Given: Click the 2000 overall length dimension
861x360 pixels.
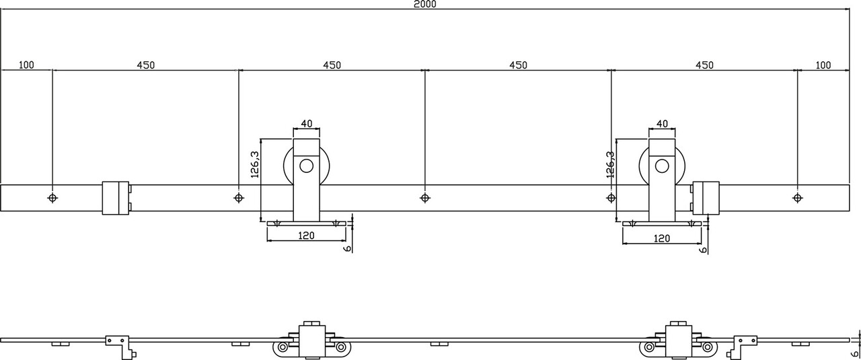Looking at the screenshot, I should [426, 4].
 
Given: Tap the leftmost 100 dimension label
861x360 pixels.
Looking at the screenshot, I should [27, 65].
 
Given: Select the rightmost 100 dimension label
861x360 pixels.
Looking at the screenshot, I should [823, 65].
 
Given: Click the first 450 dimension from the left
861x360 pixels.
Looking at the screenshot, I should [146, 65].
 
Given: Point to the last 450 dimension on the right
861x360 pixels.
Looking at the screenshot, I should [704, 65].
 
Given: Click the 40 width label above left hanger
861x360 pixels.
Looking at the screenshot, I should [307, 124].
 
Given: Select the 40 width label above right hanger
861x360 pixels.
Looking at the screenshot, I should [662, 124].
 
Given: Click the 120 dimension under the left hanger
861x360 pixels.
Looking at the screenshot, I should [307, 238].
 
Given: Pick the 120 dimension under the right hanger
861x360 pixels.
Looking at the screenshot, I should [662, 238].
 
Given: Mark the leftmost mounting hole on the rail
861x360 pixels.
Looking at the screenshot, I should [52, 198].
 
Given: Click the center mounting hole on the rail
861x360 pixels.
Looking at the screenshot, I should [424, 198].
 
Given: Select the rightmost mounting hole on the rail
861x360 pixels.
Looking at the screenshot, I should [797, 198].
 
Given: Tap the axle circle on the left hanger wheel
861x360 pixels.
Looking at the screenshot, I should [307, 166].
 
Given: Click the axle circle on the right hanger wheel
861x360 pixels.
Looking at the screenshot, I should [663, 166].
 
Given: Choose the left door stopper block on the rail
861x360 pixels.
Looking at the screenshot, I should [115, 198].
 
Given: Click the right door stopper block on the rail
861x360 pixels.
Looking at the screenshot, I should [706, 198].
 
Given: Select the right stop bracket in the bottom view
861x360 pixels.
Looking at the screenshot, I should [745, 343].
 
